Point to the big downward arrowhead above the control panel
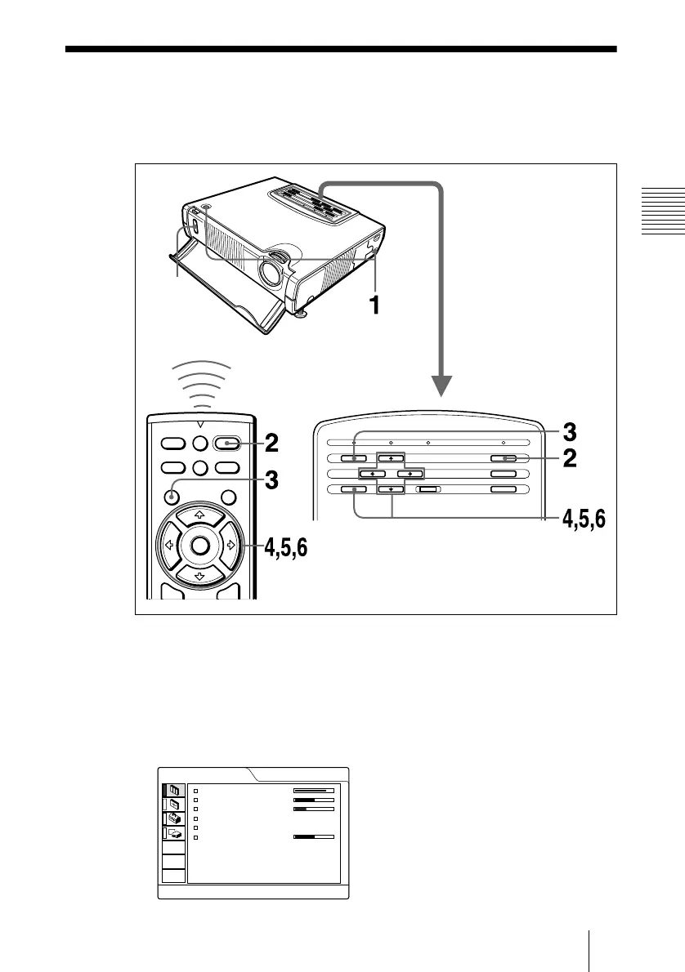pyautogui.click(x=442, y=384)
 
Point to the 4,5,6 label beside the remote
pyautogui.click(x=285, y=548)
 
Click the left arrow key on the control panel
pyautogui.click(x=371, y=474)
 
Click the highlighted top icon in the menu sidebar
pyautogui.click(x=174, y=790)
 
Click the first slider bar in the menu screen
pyautogui.click(x=314, y=791)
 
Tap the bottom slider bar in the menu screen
pyautogui.click(x=314, y=837)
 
